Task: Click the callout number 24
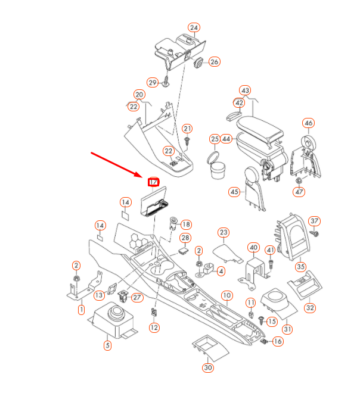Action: pos(194,28)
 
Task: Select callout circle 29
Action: pos(153,82)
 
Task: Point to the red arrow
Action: pos(116,166)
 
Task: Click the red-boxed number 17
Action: pos(154,182)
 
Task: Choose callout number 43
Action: pos(245,91)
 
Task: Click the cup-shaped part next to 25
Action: pos(217,169)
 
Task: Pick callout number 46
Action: pos(308,123)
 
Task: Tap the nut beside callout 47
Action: pos(299,180)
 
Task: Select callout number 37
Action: pos(315,222)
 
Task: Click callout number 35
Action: pos(301,267)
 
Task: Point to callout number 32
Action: pos(310,308)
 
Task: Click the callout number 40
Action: pos(253,248)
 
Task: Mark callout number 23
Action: pos(224,232)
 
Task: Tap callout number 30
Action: pos(207,368)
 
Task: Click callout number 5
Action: pos(107,345)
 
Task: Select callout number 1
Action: pos(82,310)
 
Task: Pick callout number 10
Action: pos(226,295)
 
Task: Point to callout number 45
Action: pos(234,192)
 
